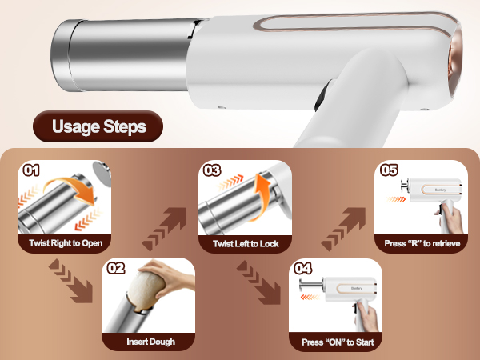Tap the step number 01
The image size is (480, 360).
pos(32,170)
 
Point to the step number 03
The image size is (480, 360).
pos(211,170)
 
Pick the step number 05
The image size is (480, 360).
pos(390,170)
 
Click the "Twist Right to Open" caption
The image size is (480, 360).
pos(64,242)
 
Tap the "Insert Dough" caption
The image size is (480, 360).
pos(150,342)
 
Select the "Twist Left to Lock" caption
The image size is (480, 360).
pos(246,242)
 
